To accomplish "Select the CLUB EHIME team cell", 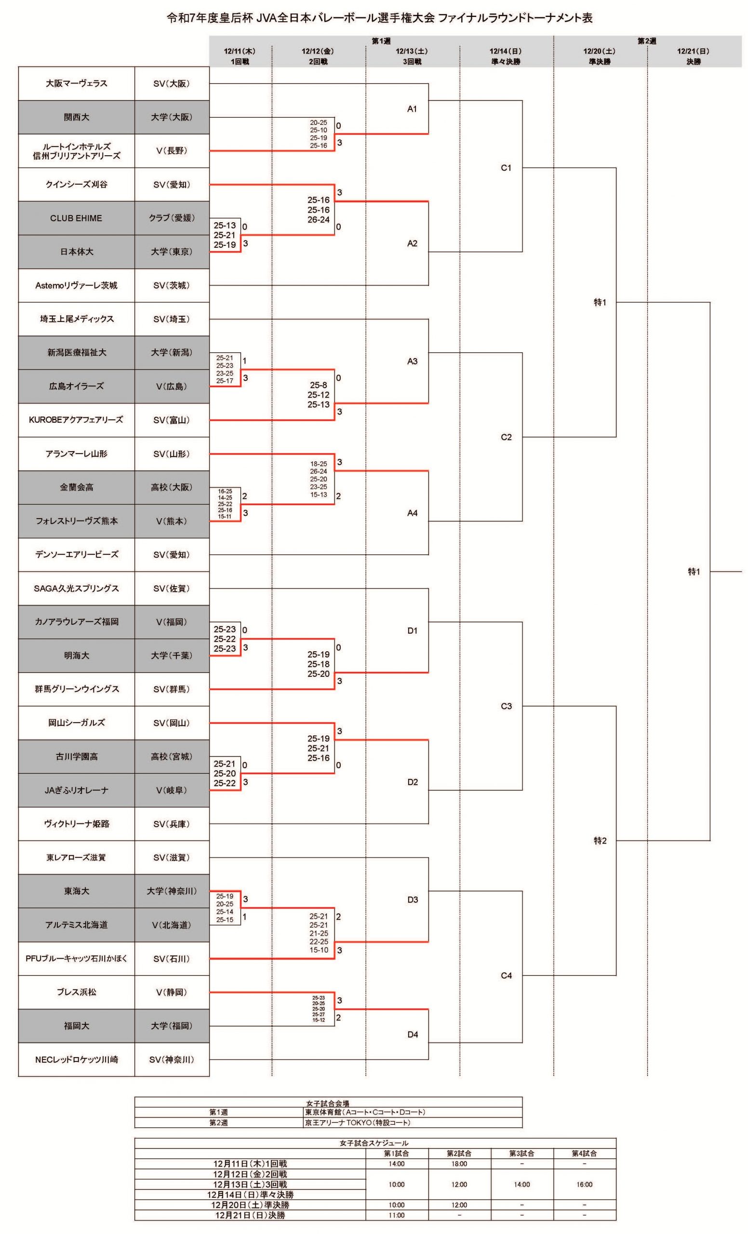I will [76, 218].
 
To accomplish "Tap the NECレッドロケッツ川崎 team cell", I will [77, 1059].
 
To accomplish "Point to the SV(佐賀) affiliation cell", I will [172, 588].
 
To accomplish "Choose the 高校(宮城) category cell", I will [172, 756].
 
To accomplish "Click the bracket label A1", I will [412, 108].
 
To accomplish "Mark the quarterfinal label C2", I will [506, 437].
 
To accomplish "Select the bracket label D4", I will [412, 1034].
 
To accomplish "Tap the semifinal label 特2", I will [600, 840].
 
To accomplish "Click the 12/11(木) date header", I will [240, 51].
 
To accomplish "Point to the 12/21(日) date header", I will [694, 51].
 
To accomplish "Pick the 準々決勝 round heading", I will [506, 62].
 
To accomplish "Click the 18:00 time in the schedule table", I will [459, 1164].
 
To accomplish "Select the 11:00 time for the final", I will [397, 1215].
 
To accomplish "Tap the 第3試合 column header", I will [521, 1154].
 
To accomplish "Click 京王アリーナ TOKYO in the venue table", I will [340, 1122].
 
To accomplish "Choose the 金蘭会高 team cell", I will [77, 487].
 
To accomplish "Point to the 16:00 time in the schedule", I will [584, 1184].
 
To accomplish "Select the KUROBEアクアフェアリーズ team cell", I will [76, 420].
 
